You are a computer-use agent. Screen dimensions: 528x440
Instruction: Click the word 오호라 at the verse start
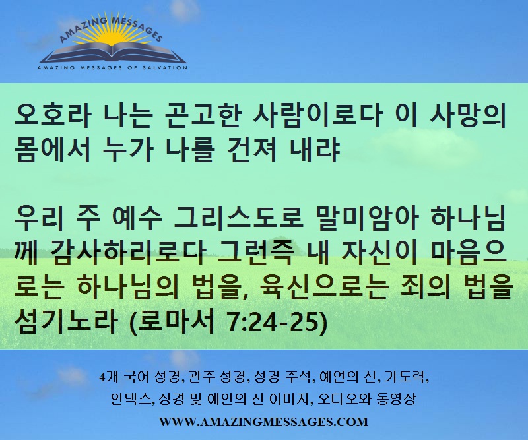[53, 115]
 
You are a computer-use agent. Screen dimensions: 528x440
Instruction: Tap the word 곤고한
[203, 115]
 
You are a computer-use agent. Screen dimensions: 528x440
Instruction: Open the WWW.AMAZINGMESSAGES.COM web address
[263, 422]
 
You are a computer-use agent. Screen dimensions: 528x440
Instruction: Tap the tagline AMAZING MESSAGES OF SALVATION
[112, 68]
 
